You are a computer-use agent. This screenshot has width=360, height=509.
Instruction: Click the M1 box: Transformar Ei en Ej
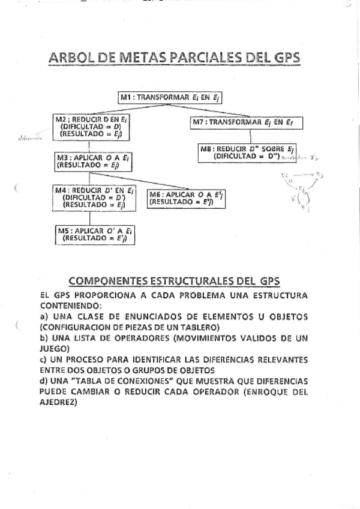point(171,97)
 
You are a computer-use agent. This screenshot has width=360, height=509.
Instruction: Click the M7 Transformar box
point(246,122)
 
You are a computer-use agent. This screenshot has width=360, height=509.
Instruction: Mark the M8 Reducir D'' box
point(247,152)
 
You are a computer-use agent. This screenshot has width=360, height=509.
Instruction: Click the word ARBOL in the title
point(73,58)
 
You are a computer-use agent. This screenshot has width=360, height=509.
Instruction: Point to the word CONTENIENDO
point(67,305)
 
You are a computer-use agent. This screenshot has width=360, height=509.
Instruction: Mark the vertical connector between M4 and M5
point(89,218)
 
